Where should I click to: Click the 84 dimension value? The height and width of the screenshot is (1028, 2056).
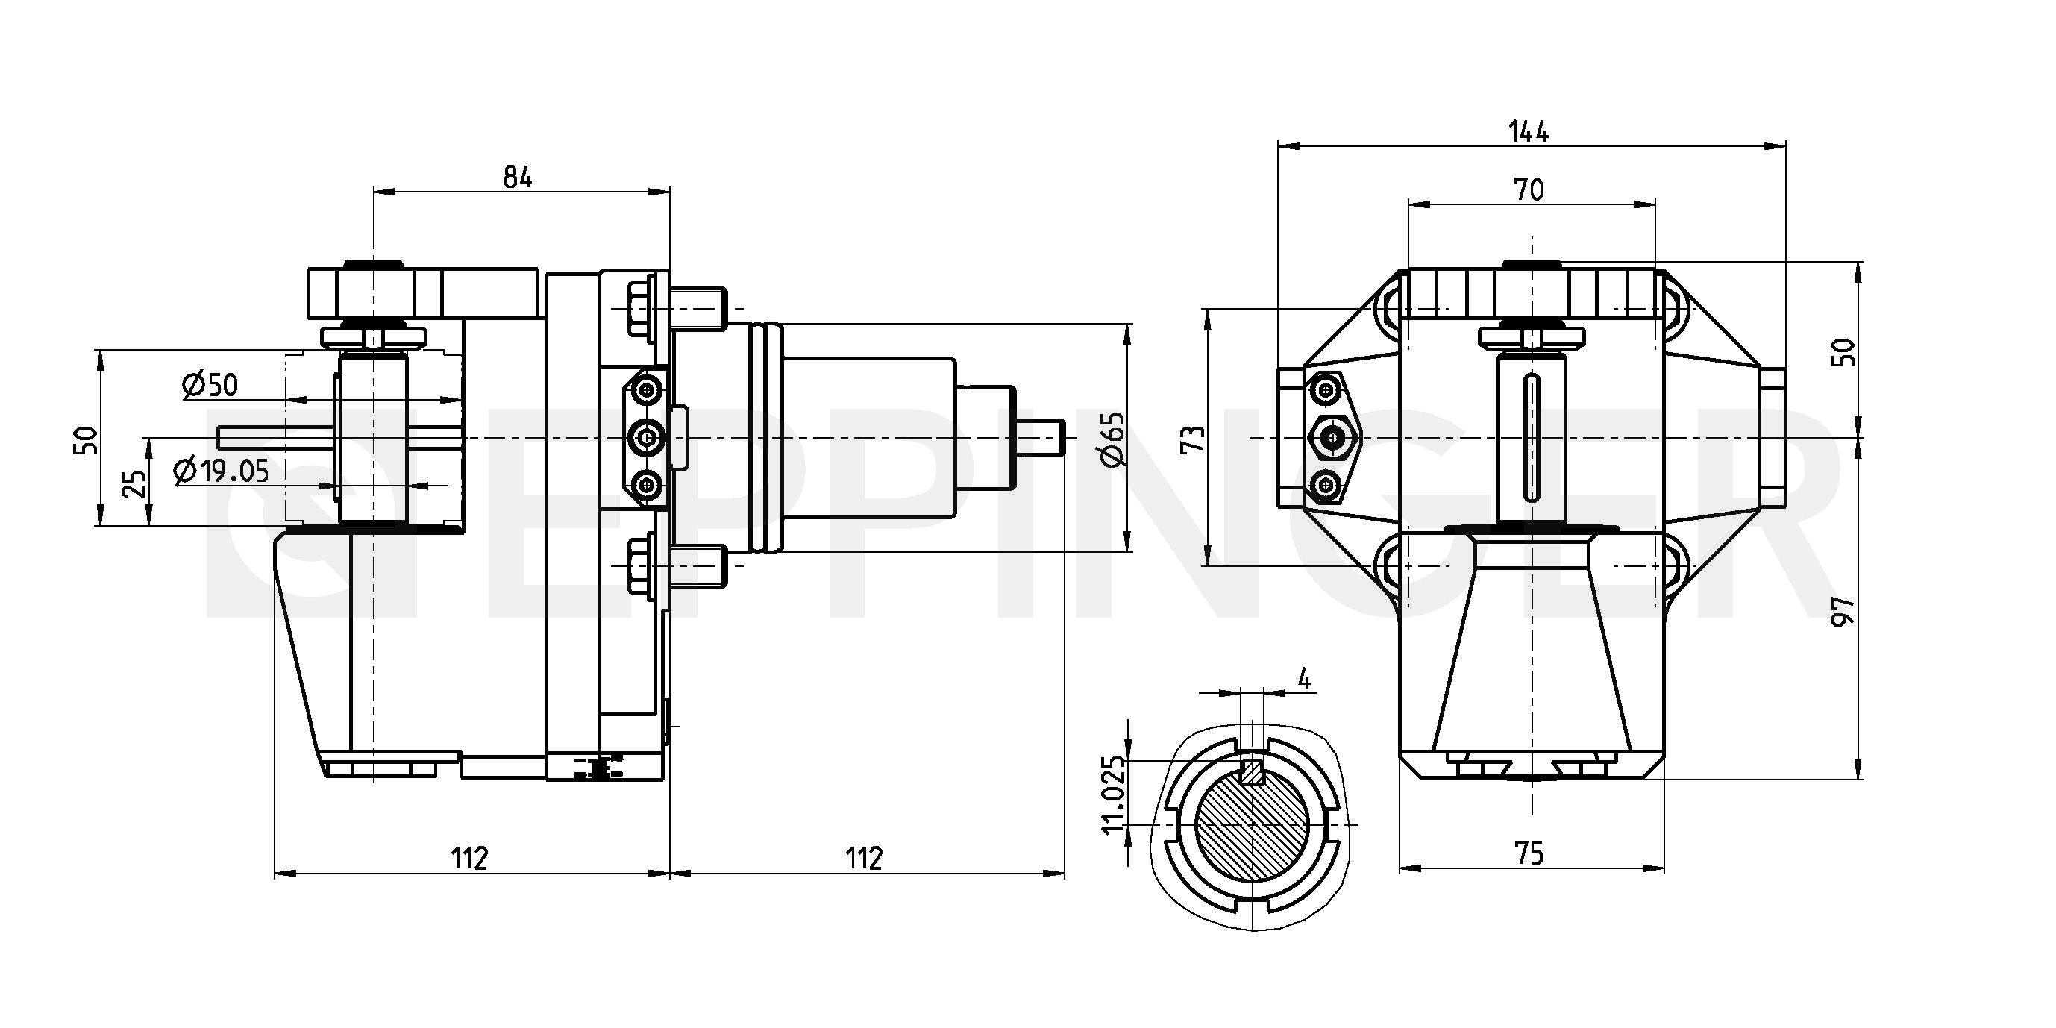click(x=517, y=178)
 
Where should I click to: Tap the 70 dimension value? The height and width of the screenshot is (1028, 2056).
click(x=1529, y=190)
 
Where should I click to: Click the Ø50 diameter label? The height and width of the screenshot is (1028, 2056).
click(x=210, y=386)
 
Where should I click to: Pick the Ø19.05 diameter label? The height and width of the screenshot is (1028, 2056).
click(x=221, y=471)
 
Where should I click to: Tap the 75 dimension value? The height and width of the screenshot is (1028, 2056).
click(x=1529, y=854)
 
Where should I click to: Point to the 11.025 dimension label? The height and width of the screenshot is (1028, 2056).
click(x=1112, y=794)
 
